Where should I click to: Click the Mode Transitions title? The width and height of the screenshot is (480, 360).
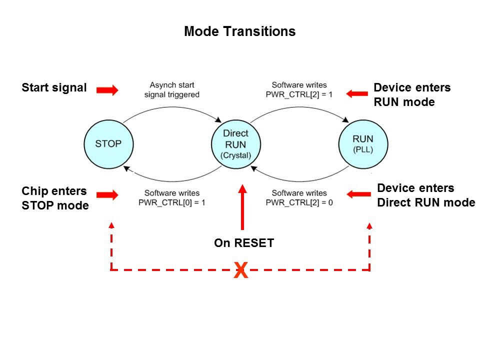click(x=239, y=31)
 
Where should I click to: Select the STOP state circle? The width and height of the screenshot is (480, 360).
click(x=108, y=143)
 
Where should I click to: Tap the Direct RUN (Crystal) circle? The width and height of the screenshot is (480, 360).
click(x=235, y=144)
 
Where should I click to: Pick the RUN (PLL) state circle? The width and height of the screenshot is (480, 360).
click(x=362, y=143)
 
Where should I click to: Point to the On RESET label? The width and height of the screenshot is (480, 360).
click(x=244, y=243)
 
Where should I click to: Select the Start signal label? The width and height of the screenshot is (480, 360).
click(x=54, y=88)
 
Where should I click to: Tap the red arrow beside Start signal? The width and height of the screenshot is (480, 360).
click(x=107, y=90)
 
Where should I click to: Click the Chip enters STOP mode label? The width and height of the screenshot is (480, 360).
click(x=55, y=198)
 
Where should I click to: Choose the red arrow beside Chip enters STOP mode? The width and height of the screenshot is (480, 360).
click(x=107, y=195)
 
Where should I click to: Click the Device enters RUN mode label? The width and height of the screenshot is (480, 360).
click(x=412, y=95)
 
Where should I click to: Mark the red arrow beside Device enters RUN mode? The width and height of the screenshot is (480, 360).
click(x=357, y=93)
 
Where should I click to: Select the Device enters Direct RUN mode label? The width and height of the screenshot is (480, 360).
click(x=426, y=195)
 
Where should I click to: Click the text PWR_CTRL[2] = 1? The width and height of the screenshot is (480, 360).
click(x=299, y=94)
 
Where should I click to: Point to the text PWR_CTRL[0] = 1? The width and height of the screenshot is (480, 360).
click(x=172, y=202)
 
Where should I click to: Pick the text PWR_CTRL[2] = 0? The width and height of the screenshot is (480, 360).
click(x=299, y=202)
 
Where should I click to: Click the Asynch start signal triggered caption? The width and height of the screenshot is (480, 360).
click(x=171, y=90)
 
